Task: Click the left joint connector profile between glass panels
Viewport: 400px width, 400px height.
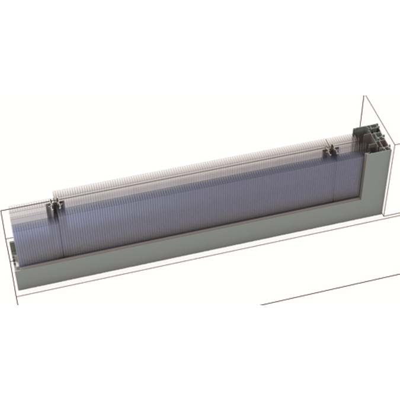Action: [56, 207]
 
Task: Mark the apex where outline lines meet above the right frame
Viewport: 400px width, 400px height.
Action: [364, 96]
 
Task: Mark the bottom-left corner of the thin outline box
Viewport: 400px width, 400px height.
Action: [18, 303]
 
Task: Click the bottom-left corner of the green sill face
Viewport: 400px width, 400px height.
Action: [20, 290]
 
